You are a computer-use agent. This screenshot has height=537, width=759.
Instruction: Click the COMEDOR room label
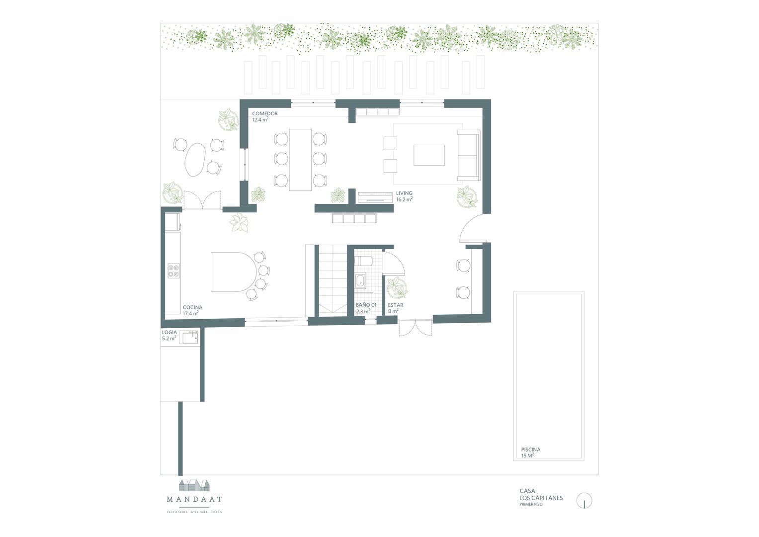tap(264, 114)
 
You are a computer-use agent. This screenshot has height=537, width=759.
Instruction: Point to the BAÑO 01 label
tap(366, 305)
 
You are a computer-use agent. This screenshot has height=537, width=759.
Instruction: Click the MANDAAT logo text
tap(194, 499)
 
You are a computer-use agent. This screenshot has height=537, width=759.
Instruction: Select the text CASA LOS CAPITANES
tap(541, 494)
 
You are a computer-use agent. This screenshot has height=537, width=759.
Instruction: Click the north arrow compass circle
tap(585, 501)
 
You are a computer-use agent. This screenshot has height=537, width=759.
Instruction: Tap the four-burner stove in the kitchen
tap(173, 271)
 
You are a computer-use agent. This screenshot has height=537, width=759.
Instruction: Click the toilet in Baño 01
tap(362, 262)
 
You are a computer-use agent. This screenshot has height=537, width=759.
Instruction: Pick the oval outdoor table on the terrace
tap(195, 159)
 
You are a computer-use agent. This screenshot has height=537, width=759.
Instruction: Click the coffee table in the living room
tap(429, 155)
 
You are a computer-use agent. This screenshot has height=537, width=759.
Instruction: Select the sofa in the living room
tap(468, 155)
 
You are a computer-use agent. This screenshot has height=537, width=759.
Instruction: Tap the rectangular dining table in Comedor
tap(300, 159)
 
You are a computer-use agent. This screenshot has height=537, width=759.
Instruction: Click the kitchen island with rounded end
tap(233, 271)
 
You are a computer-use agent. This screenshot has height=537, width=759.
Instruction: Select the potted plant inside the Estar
tap(397, 287)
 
